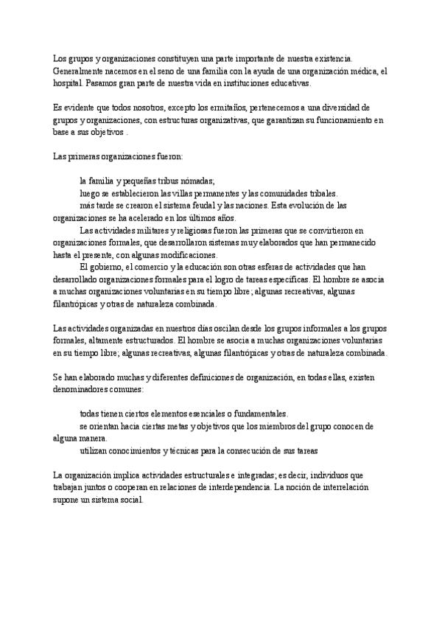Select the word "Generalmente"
[77, 70]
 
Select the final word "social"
[138, 500]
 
